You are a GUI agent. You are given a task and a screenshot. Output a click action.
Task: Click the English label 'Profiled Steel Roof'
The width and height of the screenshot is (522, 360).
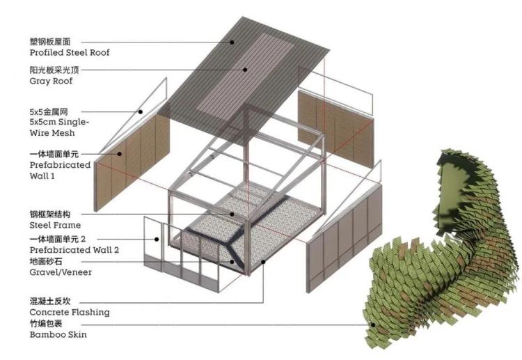(x=69, y=53)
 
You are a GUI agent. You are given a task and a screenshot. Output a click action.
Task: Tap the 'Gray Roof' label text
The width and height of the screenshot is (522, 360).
(x=51, y=81)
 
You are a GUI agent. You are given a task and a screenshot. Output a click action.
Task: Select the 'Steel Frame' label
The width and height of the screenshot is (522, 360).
(x=55, y=226)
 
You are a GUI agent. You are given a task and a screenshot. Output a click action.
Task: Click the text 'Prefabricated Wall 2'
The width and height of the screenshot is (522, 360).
(x=74, y=250)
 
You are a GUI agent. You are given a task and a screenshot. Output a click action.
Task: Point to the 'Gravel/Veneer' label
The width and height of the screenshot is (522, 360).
(x=61, y=272)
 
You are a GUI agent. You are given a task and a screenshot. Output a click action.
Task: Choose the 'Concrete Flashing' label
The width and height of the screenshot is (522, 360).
(x=69, y=313)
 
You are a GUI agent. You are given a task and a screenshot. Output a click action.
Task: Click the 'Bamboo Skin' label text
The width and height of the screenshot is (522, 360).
(x=58, y=335)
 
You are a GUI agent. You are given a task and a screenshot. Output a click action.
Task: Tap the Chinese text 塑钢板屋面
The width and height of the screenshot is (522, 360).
(x=50, y=42)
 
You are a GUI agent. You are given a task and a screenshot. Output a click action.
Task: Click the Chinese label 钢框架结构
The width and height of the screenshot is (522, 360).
(x=50, y=214)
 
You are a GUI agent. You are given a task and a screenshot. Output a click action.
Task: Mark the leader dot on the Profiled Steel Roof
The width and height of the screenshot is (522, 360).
(x=232, y=42)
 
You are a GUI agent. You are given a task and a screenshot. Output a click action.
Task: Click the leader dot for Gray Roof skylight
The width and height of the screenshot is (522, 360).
(x=245, y=70)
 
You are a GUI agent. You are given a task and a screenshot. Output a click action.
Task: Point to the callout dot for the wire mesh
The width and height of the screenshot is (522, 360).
(x=141, y=112)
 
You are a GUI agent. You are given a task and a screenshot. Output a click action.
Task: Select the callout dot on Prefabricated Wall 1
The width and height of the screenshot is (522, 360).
(x=119, y=154)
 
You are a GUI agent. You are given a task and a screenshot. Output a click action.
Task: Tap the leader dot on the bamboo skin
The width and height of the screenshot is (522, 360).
(x=373, y=325)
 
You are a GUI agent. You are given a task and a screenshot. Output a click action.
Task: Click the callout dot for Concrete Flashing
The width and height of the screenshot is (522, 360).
(x=263, y=262)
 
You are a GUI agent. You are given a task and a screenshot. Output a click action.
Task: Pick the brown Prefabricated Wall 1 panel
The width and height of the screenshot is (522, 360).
(x=132, y=163)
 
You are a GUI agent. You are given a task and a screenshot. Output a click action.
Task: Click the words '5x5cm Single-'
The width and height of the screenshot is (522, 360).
(x=59, y=122)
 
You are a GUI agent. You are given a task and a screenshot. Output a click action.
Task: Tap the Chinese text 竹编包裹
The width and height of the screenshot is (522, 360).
(x=46, y=323)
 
